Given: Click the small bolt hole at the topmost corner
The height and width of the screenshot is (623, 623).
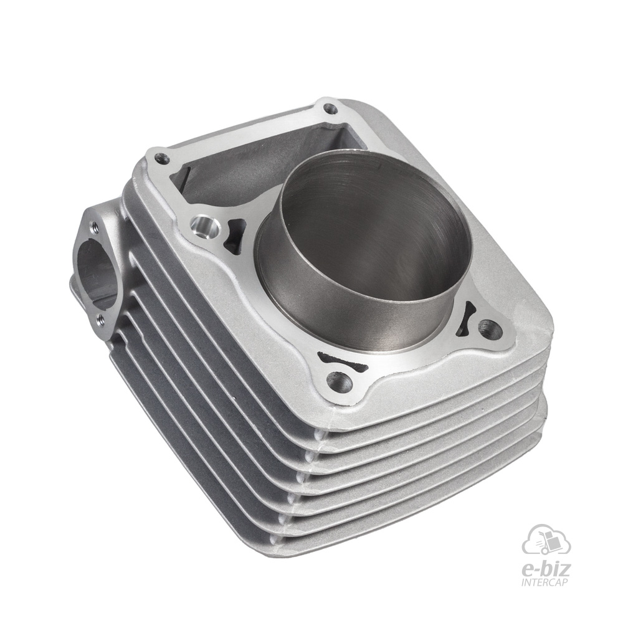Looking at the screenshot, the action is pos(328,107).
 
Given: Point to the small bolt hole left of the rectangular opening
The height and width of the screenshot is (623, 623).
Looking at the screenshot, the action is pos(161,159).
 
